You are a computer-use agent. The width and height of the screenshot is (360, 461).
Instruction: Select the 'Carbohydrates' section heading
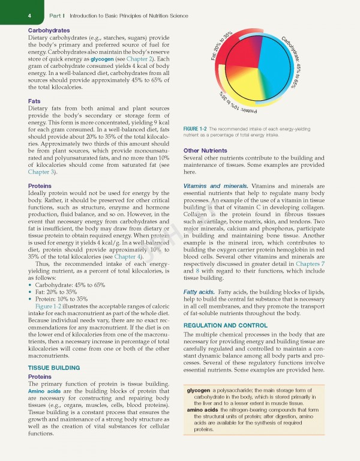click(49, 30)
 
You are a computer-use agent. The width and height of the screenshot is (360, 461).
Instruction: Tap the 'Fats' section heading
click(35, 101)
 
